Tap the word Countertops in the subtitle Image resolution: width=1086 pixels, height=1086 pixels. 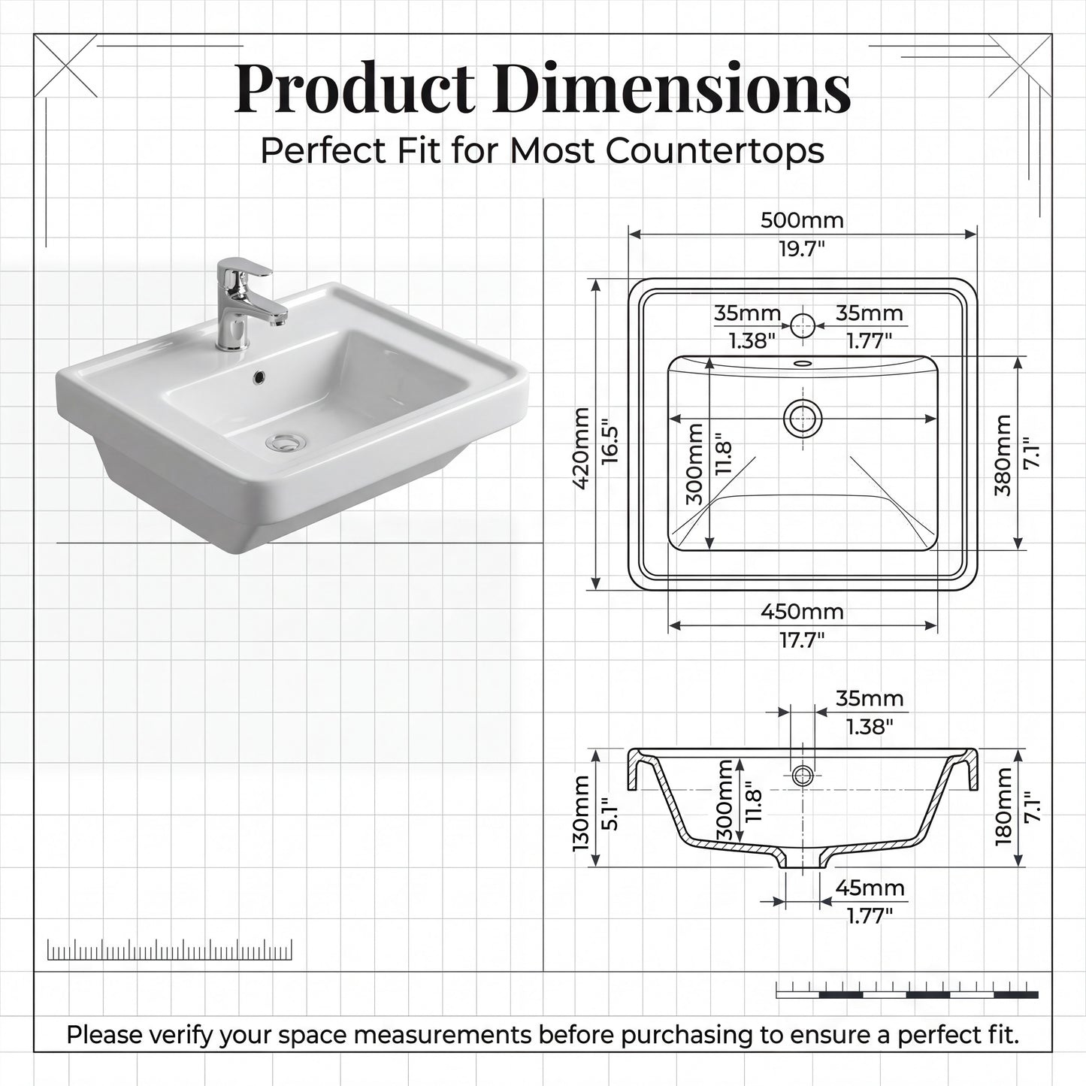715,152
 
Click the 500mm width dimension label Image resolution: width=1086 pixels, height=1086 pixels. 802,220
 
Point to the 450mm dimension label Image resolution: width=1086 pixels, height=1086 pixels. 802,612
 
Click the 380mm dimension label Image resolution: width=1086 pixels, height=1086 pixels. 1003,455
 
